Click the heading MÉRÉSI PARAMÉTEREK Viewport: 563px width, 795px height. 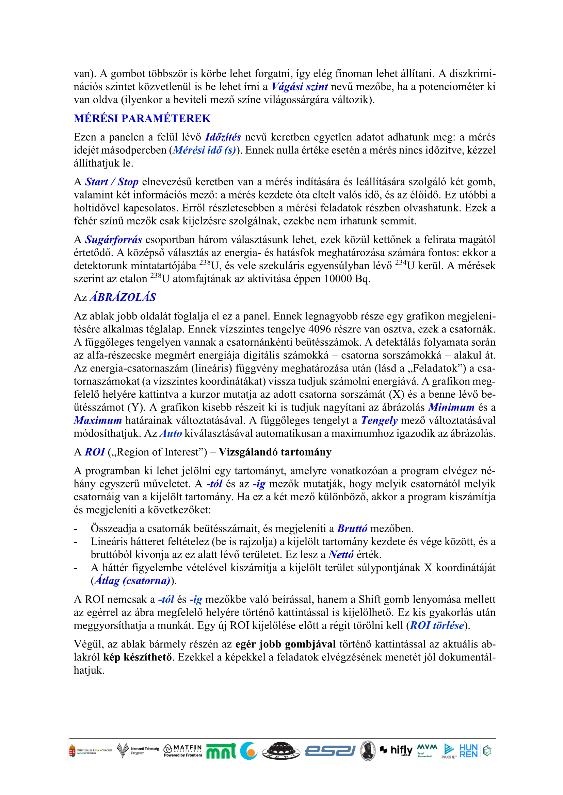pos(142,118)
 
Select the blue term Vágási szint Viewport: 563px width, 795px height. pos(300,87)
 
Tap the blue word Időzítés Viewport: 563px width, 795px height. pos(223,137)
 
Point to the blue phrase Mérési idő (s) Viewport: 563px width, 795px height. pos(204,150)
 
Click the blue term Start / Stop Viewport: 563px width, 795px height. pos(112,182)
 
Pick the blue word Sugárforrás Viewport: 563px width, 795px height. pos(113,240)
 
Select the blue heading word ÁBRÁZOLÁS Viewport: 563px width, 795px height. pos(123,297)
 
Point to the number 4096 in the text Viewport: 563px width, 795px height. pos(321,329)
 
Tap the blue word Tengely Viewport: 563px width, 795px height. pos(379,420)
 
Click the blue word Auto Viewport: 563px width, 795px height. pos(171,433)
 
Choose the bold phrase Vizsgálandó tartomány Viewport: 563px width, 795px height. pos(275,452)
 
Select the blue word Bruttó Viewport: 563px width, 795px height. pos(352,529)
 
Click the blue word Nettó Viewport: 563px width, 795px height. pos(341,555)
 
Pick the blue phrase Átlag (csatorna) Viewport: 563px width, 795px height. pos(132,581)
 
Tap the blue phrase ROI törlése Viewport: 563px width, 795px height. pos(437,625)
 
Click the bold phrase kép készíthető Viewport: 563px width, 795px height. pos(137,657)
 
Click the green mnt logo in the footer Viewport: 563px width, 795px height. pos(221,751)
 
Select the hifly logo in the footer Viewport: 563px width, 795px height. pos(397,751)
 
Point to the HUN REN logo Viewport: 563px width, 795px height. pos(468,751)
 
